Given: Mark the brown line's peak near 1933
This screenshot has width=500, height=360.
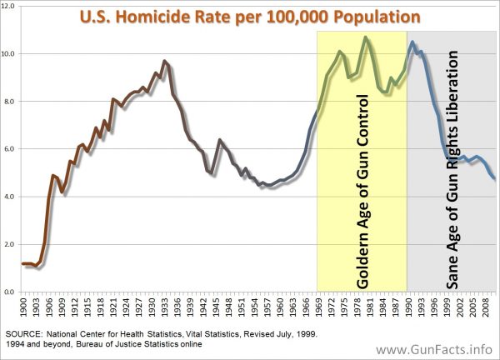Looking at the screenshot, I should point(164,61).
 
